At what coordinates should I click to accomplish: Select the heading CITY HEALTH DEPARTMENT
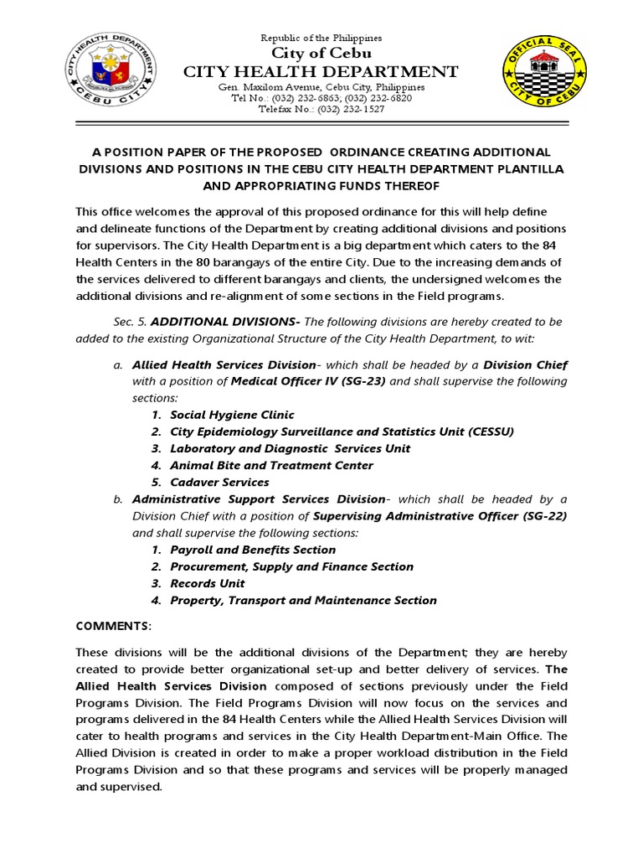tap(321, 72)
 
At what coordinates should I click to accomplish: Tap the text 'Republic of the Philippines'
tap(321, 38)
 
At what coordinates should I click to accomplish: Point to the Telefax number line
tap(321, 109)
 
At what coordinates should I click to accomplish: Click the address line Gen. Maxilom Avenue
tap(321, 87)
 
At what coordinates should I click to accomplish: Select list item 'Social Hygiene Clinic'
tap(232, 415)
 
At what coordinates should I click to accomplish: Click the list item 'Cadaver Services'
tap(219, 482)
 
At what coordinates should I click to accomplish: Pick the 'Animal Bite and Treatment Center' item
tap(271, 465)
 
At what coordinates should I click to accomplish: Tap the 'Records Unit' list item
tap(208, 583)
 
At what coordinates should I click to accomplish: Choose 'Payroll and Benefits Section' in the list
tap(253, 550)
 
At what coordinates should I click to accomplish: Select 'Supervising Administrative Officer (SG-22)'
tap(440, 516)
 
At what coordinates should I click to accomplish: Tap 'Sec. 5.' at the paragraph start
tap(130, 322)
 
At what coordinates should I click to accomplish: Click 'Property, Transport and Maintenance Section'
tap(303, 600)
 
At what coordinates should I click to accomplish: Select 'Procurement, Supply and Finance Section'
tap(291, 566)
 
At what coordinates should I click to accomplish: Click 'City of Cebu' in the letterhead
tap(321, 54)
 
